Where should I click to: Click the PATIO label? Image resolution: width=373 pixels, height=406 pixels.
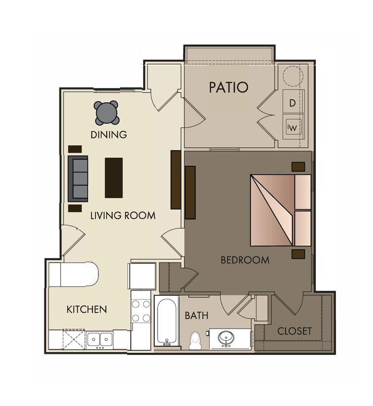(x=228, y=88)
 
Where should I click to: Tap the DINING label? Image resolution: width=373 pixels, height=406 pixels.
(x=109, y=135)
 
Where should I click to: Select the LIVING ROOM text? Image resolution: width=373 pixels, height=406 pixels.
(x=123, y=216)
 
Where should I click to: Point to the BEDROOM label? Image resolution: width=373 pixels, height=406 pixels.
(x=245, y=260)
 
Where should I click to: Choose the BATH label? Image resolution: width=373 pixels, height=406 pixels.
(x=197, y=316)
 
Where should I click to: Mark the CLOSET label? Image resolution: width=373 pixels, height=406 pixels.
(x=295, y=331)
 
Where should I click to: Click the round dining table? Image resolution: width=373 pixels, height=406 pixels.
(x=106, y=113)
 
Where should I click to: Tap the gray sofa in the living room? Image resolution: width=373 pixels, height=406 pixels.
(x=78, y=178)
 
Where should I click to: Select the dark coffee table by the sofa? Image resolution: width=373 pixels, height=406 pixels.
(x=114, y=178)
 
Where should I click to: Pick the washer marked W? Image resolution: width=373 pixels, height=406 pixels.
(x=293, y=127)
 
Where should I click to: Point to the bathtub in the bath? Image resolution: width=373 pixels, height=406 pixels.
(x=166, y=321)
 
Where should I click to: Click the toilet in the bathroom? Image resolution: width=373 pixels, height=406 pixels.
(x=195, y=340)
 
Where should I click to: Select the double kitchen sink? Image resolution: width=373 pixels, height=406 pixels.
(x=99, y=340)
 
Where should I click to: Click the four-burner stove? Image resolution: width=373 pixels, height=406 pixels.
(x=141, y=311)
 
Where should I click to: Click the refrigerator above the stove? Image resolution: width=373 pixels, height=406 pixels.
(x=142, y=276)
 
